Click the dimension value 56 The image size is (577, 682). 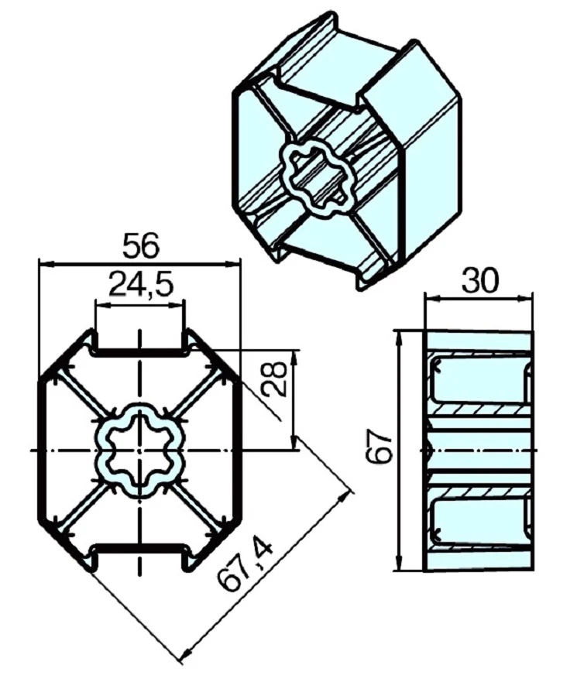[x=140, y=246]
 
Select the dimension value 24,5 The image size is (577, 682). [x=140, y=284]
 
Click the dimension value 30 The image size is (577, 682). [x=479, y=281]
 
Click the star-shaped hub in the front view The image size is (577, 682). [x=139, y=451]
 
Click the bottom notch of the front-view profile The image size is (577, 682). [x=140, y=554]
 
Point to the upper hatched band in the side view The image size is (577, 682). [x=479, y=409]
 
